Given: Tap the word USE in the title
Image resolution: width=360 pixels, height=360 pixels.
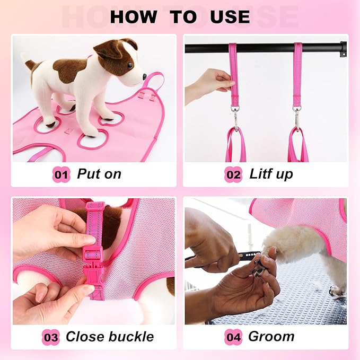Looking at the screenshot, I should point(230,17).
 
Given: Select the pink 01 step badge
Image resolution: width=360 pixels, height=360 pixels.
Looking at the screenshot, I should point(61,174).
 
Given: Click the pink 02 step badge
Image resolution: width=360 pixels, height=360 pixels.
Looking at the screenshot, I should point(233,174).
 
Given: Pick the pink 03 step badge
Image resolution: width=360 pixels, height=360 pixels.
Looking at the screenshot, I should point(51,337).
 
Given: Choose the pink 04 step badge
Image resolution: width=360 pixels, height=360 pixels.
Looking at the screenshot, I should point(233,337).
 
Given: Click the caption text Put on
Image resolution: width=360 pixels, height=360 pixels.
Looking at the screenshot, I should point(99,174).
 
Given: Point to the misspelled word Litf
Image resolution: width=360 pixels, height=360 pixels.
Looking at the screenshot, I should point(260,174).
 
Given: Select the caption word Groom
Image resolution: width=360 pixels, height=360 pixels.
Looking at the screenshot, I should point(271,337).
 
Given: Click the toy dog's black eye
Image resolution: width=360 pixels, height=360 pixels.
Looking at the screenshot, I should point(129,65).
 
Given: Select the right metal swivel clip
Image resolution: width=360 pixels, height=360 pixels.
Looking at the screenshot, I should point(297,117).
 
